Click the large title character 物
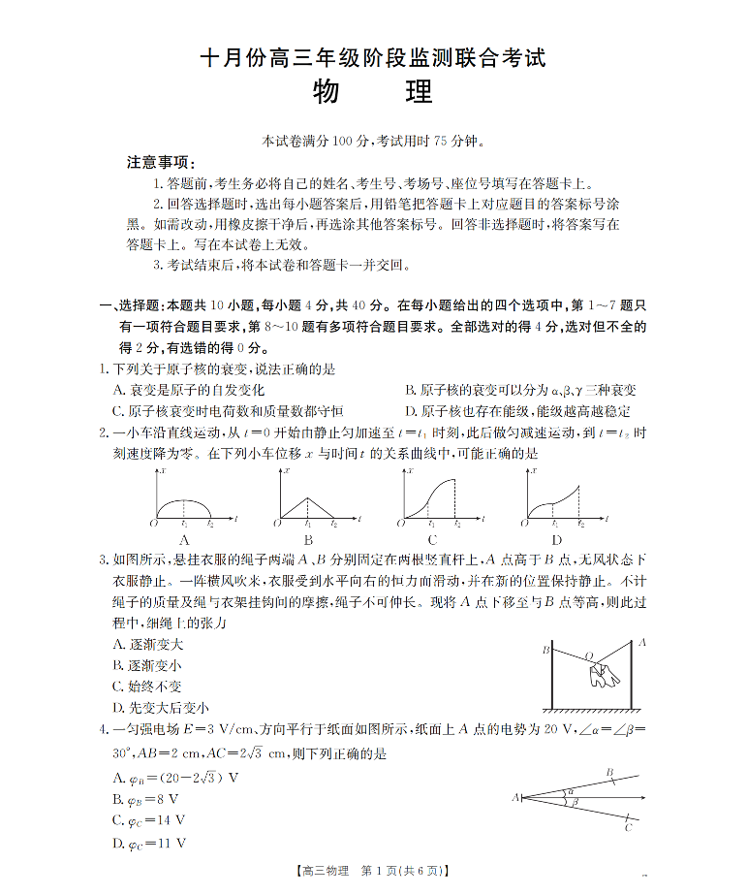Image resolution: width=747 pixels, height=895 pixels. click(x=327, y=95)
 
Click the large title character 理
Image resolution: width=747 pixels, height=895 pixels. click(x=418, y=95)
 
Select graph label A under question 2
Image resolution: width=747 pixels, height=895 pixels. click(x=183, y=540)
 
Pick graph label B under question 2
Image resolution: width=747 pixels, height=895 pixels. click(x=307, y=540)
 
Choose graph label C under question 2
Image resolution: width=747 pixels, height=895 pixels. click(x=431, y=540)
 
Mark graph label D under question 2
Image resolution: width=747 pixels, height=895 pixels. click(x=556, y=540)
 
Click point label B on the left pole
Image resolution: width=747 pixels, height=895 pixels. click(x=545, y=649)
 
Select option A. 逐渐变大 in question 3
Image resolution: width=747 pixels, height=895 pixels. click(x=148, y=645)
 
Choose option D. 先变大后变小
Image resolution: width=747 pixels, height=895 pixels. click(x=161, y=708)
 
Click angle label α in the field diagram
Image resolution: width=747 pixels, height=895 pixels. click(x=572, y=790)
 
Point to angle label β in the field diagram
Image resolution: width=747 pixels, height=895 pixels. click(x=574, y=803)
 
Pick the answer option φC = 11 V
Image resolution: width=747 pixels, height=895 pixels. click(x=149, y=844)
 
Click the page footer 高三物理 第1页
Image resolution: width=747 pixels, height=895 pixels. click(x=373, y=872)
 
